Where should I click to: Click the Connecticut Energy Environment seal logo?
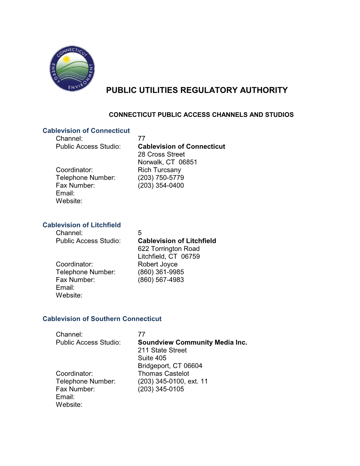click(72, 68)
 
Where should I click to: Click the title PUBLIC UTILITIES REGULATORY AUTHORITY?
click(197, 90)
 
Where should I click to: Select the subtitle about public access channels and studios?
click(201, 115)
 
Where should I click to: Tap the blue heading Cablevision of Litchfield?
click(82, 225)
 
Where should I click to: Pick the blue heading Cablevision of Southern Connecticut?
click(102, 319)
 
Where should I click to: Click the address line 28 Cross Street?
click(161, 154)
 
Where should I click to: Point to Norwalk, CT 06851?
click(167, 162)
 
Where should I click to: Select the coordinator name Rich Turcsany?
click(159, 170)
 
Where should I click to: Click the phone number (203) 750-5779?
click(161, 178)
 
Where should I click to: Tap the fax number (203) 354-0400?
click(161, 185)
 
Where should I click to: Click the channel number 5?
click(140, 233)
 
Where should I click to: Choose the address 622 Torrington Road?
click(169, 249)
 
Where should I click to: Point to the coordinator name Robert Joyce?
click(157, 264)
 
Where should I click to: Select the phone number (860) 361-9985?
click(161, 272)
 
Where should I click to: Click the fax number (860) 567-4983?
click(161, 280)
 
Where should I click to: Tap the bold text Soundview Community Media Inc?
click(192, 342)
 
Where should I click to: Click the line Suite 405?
click(152, 358)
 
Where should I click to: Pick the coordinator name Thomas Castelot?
click(163, 374)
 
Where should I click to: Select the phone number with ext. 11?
click(173, 381)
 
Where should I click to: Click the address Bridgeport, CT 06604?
click(170, 366)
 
